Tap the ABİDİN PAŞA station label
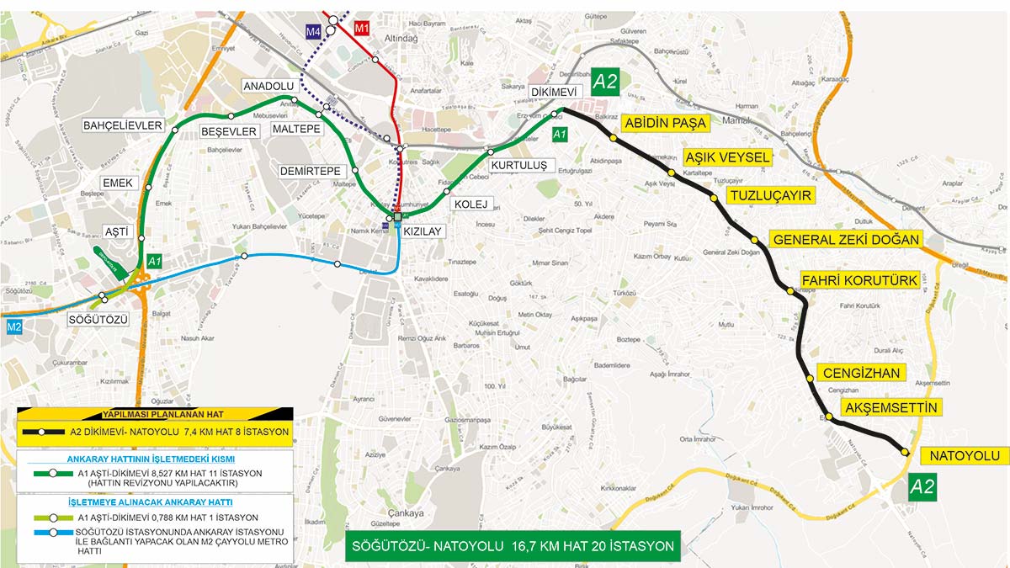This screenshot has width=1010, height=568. point(664,124)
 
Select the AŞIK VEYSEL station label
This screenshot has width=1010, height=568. point(727,158)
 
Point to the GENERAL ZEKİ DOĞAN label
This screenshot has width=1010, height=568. point(846,240)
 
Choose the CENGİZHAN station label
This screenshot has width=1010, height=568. point(862,373)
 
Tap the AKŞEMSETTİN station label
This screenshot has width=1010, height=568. point(891,408)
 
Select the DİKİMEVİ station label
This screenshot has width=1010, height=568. point(553,93)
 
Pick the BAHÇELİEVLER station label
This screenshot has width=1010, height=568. point(122,125)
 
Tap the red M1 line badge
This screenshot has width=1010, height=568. point(363,29)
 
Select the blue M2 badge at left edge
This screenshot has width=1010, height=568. point(13,326)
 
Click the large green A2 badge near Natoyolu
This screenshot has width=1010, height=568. point(922,486)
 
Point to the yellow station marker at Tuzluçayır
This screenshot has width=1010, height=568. point(714,198)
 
